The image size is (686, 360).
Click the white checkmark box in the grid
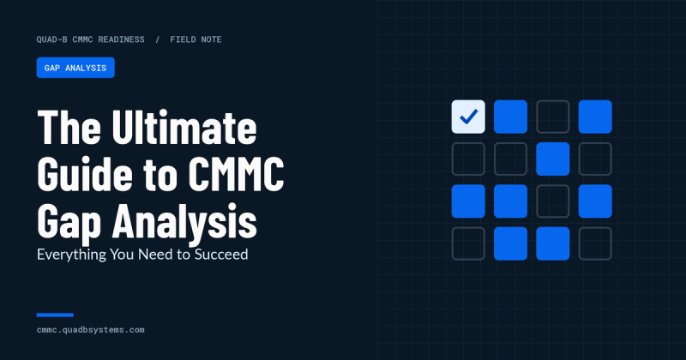click(468, 117)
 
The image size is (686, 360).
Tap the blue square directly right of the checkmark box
click(510, 117)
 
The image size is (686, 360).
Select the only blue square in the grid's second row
click(553, 159)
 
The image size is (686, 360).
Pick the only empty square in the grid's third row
click(553, 201)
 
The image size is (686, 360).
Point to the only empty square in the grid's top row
click(553, 117)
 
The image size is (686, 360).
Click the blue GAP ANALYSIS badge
click(75, 68)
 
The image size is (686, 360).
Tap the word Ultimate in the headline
click(184, 128)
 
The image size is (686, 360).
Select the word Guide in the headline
click(85, 175)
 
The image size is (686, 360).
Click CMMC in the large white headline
click(237, 175)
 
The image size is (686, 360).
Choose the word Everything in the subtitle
click(71, 255)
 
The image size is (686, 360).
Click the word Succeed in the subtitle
click(221, 255)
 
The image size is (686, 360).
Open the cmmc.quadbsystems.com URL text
click(91, 330)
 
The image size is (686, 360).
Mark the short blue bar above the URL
click(55, 315)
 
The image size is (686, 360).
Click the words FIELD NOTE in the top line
click(196, 39)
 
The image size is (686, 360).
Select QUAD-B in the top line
click(52, 39)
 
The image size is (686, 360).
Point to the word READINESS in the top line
click(121, 39)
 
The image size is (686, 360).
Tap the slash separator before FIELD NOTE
click(158, 39)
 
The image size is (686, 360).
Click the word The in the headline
click(69, 128)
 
